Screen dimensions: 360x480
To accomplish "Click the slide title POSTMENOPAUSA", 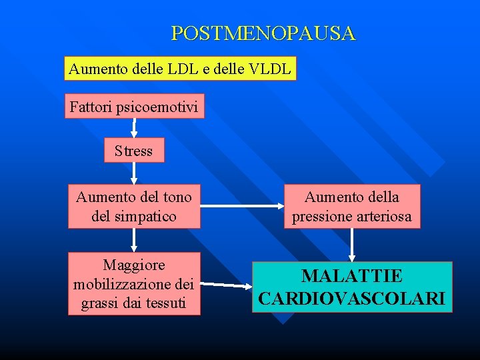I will pyautogui.click(x=263, y=33).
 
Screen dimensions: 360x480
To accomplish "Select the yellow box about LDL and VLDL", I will pyautogui.click(x=180, y=69).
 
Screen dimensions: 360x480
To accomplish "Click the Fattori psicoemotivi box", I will pyautogui.click(x=134, y=106).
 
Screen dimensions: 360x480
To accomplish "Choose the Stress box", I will pyautogui.click(x=134, y=151).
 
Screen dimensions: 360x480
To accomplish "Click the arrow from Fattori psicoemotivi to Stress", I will pyautogui.click(x=134, y=129).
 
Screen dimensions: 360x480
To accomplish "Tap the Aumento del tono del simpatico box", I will pyautogui.click(x=134, y=207).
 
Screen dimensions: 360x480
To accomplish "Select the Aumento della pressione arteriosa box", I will pyautogui.click(x=352, y=207).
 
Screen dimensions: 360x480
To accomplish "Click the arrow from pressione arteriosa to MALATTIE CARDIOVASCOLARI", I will pyautogui.click(x=352, y=245).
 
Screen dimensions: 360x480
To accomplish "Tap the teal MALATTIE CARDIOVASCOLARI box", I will pyautogui.click(x=352, y=287).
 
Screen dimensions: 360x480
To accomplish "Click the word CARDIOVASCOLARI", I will pyautogui.click(x=352, y=299).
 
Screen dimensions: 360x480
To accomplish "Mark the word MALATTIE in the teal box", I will pyautogui.click(x=352, y=276).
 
